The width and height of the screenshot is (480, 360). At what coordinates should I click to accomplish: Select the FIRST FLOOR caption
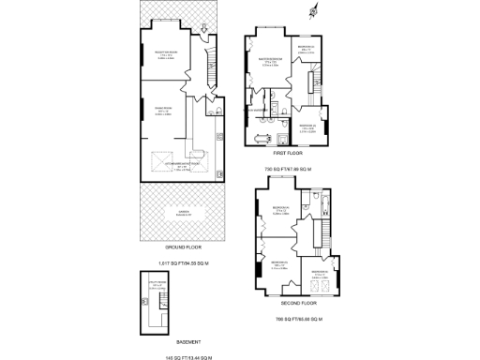286,152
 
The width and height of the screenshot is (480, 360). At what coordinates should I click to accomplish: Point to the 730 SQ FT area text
286,170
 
